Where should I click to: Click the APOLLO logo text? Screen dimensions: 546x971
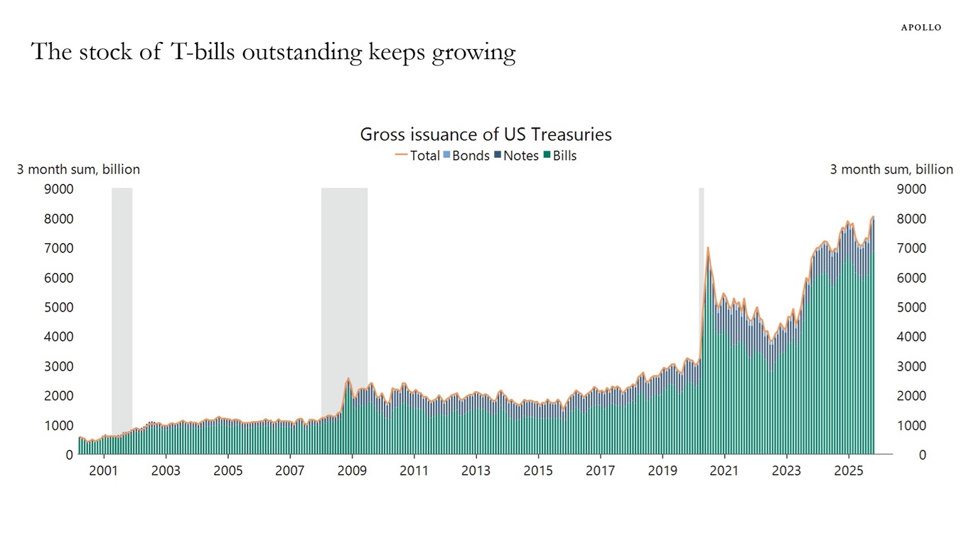921,27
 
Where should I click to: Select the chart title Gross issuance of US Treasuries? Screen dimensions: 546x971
485,134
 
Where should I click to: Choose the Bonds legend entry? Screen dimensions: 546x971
466,156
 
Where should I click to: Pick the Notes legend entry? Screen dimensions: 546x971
516,156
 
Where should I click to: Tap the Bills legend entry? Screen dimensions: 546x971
559,156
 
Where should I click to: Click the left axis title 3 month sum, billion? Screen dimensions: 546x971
78,169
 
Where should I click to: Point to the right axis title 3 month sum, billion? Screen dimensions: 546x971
891,169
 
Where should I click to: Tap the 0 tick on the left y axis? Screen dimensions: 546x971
70,455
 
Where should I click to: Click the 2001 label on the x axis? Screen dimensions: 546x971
104,471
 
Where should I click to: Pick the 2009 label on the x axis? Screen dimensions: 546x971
352,471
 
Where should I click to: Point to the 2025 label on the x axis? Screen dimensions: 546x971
849,471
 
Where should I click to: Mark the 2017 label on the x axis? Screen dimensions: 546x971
600,471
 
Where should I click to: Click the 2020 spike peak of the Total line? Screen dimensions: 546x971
708,248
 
